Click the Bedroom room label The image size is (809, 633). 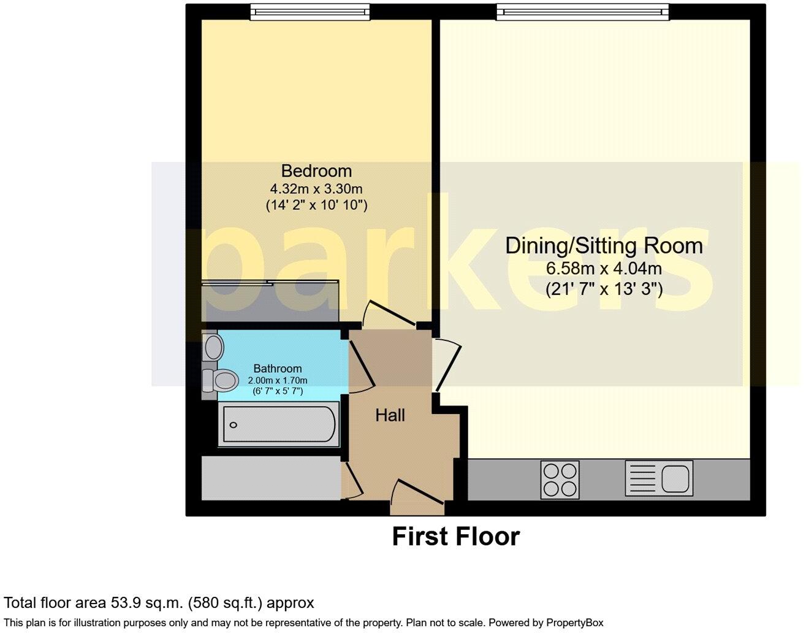coord(316,171)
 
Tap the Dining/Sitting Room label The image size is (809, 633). coord(604,246)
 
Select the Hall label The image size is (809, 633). coord(390,416)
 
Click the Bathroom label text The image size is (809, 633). coord(278,369)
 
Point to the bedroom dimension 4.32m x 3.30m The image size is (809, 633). coord(316,188)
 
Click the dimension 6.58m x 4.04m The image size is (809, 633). coord(604,268)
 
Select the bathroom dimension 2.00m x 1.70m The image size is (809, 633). coord(278,380)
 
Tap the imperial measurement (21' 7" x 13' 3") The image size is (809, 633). coord(604,288)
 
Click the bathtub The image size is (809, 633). coord(279,424)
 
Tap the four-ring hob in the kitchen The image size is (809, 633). coord(560,480)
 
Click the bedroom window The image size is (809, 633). coord(310,11)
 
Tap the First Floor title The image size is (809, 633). coord(455,537)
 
